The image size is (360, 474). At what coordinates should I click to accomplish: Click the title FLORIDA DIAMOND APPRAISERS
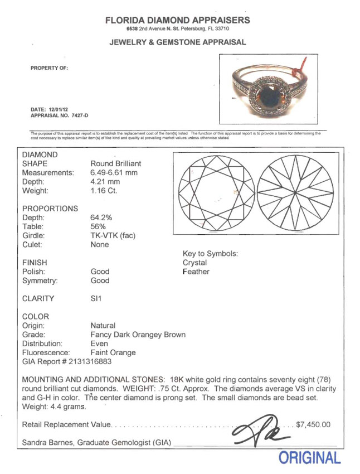pos(178,20)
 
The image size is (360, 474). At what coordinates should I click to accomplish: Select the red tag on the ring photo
pos(304,69)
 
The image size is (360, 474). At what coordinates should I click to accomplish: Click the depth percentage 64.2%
pos(102,217)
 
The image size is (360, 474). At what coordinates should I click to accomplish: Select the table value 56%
pos(98,226)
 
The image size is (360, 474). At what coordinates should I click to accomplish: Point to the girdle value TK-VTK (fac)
pos(113,235)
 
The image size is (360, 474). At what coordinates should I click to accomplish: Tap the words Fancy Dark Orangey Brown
pos(138,335)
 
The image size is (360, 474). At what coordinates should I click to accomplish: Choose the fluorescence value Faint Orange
pos(113,352)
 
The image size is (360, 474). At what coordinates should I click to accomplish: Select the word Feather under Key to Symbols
pos(196,272)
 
